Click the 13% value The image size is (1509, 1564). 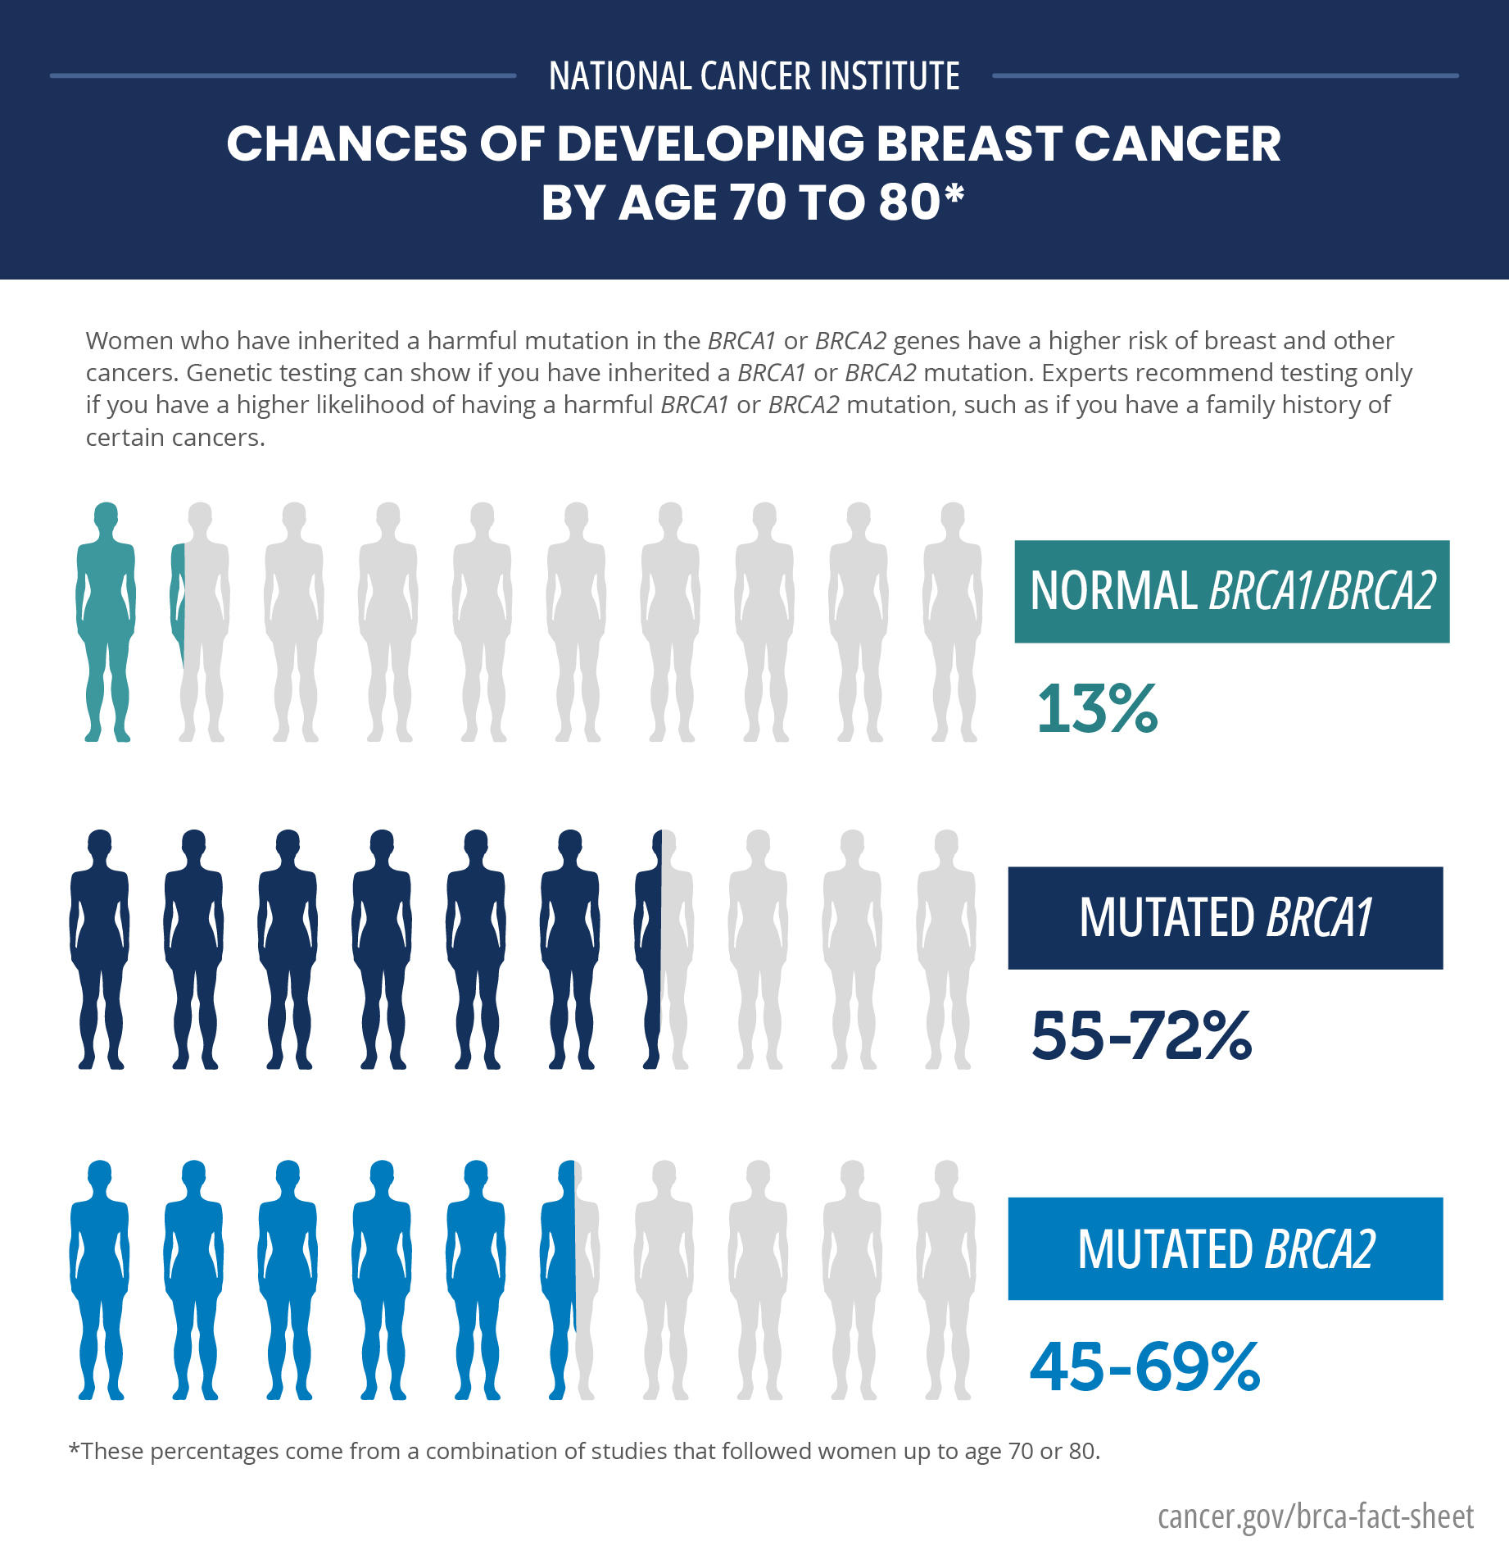pos(1097,708)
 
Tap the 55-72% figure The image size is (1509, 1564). pos(1141,1035)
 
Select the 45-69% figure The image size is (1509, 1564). pos(1144,1366)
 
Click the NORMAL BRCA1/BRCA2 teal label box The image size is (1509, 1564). pos(1231,591)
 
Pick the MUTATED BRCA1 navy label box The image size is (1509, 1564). pos(1225,917)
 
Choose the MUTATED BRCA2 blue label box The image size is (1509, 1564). pos(1225,1248)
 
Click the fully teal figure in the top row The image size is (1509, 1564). pos(106,621)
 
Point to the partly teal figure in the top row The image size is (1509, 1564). pos(200,621)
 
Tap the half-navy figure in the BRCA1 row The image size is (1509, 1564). pos(664,949)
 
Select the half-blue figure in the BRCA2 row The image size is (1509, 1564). pos(569,1280)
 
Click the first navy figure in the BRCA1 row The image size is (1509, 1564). pos(99,949)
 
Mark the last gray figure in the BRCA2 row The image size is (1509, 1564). pos(946,1280)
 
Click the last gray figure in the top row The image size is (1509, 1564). pos(952,621)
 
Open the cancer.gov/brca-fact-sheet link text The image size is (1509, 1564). pos(1315,1516)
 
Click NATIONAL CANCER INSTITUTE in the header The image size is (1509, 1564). pos(754,76)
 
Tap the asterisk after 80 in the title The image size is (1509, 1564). pos(954,196)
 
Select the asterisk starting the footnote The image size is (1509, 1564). pos(74,1449)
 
